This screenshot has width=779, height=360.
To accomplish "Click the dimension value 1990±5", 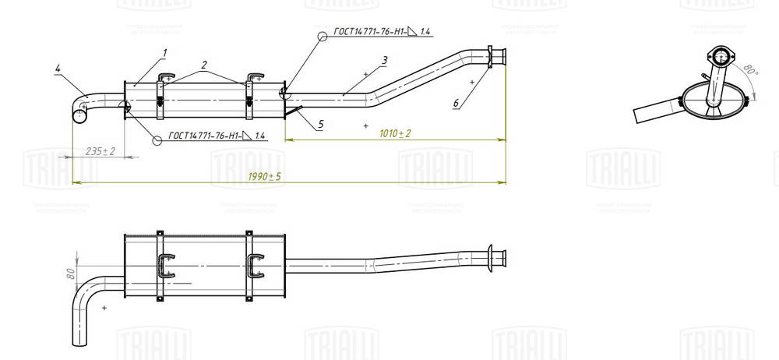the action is [265, 177].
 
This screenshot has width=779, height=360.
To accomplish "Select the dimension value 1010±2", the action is [394, 133].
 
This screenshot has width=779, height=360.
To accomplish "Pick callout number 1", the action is [165, 52].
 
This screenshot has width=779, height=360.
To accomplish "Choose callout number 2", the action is [204, 65].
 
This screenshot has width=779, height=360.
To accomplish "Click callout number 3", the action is [385, 60].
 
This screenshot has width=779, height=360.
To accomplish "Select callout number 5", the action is [320, 124].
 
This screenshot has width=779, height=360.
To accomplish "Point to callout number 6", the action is [456, 103].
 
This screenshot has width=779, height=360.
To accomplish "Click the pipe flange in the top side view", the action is [491, 59].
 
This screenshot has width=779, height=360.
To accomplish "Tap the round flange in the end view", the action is [721, 56].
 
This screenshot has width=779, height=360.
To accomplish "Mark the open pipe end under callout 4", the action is [79, 116].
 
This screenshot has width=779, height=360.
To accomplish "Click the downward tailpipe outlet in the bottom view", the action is [79, 335].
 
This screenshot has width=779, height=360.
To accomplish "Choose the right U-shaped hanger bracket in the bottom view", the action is [255, 266].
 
